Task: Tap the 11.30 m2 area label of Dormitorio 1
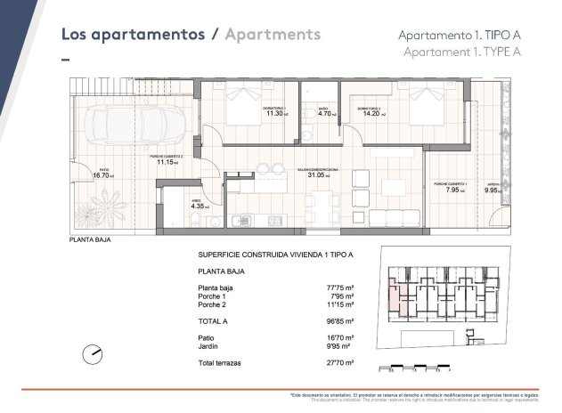pos(275,114)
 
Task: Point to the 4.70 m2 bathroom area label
pos(326,114)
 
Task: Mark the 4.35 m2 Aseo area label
pos(184,206)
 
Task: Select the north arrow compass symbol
pos(93,355)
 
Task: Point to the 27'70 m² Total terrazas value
pos(342,364)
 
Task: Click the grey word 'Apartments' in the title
pos(272,35)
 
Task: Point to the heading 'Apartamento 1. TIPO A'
pos(458,35)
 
